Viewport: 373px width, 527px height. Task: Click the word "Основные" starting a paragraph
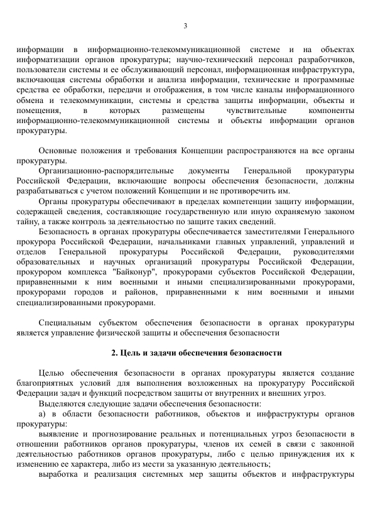pyautogui.click(x=58, y=151)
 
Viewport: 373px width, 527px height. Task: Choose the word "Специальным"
pyautogui.click(x=65, y=322)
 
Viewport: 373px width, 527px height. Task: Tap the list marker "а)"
pyautogui.click(x=42, y=413)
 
